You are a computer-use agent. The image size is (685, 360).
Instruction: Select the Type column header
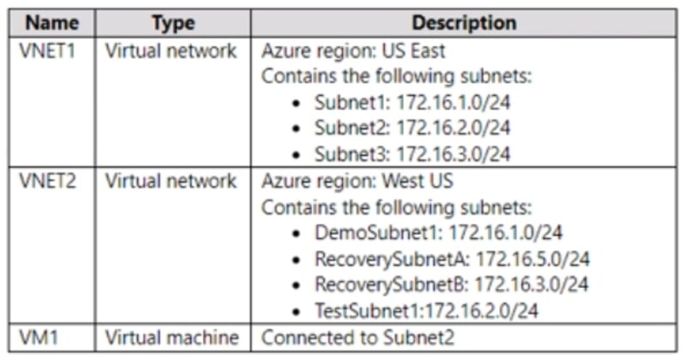pyautogui.click(x=172, y=22)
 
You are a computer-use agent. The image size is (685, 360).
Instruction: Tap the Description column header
pyautogui.click(x=464, y=22)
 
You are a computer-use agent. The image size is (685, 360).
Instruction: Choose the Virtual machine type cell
pyautogui.click(x=171, y=337)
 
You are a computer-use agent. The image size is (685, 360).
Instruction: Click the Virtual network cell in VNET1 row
pyautogui.click(x=171, y=50)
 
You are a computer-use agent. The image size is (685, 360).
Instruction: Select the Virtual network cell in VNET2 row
pyautogui.click(x=171, y=181)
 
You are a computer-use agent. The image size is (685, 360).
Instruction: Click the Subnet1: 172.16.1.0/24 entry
pyautogui.click(x=412, y=102)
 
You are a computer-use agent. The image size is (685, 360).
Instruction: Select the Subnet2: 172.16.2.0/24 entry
pyautogui.click(x=412, y=129)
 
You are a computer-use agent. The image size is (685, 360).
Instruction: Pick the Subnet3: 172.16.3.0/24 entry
pyautogui.click(x=412, y=155)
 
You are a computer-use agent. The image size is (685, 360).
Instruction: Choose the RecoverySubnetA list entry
pyautogui.click(x=452, y=259)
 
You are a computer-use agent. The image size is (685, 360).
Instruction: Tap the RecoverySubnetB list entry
pyautogui.click(x=452, y=285)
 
